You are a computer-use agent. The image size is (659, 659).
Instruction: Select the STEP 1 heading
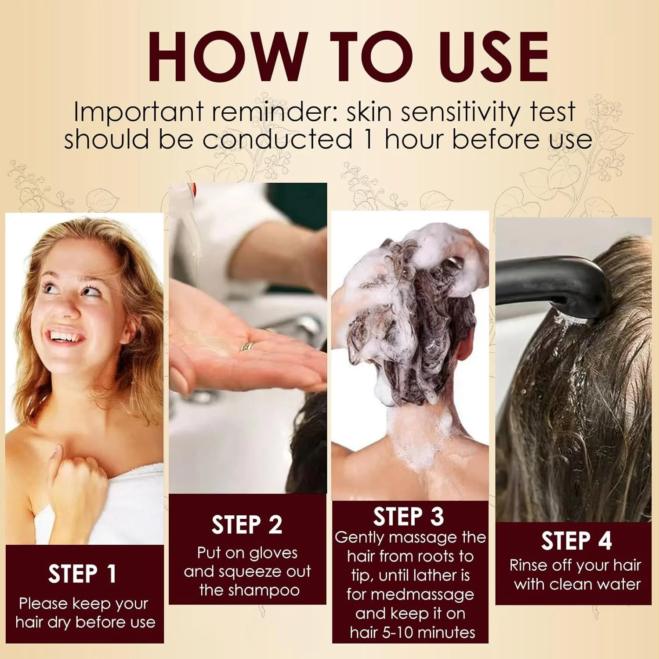pyautogui.click(x=83, y=574)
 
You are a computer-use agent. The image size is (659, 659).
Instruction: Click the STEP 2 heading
pyautogui.click(x=247, y=525)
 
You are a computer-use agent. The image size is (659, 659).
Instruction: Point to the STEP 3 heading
pyautogui.click(x=409, y=516)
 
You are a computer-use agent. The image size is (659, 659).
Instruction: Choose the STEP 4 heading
pyautogui.click(x=576, y=540)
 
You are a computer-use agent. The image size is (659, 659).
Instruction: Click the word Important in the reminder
pyautogui.click(x=140, y=112)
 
